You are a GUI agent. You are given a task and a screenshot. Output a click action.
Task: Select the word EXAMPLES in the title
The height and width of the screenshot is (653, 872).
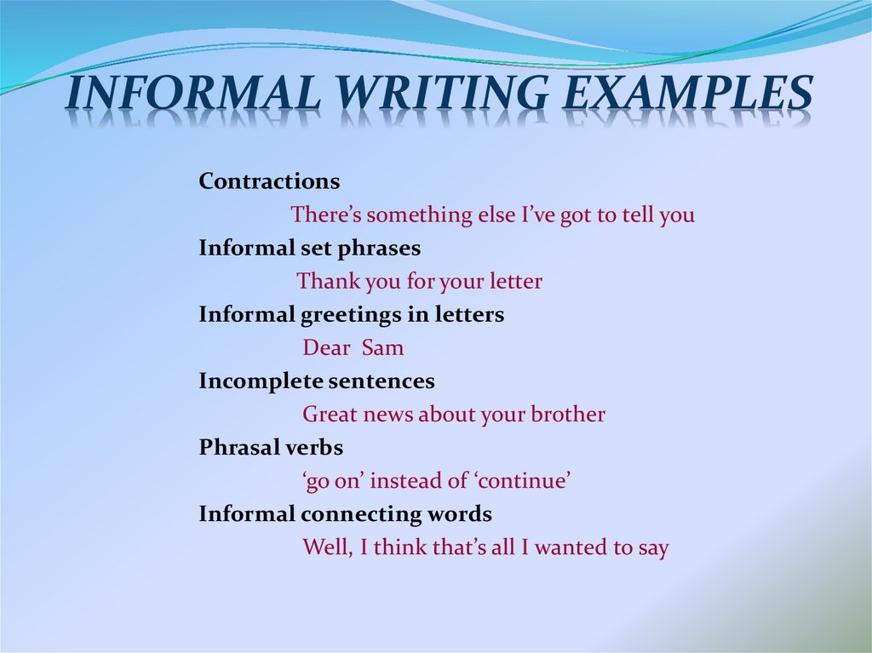coord(686,95)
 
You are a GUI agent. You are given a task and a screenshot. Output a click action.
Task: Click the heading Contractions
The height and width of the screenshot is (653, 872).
coord(269,181)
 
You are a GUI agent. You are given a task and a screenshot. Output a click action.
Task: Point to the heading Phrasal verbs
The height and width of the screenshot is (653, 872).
coord(271,447)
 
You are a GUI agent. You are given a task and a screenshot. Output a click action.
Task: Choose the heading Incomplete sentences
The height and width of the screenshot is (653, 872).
coord(317,381)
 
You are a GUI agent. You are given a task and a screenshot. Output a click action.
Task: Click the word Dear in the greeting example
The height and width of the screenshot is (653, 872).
coord(326,348)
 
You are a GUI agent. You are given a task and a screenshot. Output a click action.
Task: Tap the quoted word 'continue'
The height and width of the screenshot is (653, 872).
coord(522,481)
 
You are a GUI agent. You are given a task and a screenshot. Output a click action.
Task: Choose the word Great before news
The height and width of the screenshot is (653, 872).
coord(330,415)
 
